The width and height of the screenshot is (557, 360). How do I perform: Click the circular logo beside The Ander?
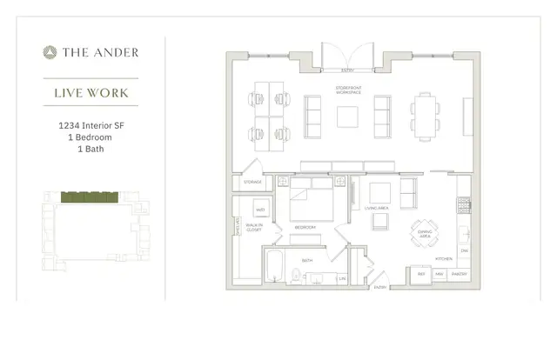click(x=50, y=53)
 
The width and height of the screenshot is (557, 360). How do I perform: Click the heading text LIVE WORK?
click(x=91, y=92)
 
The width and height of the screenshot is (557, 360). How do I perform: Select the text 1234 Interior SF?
click(x=91, y=125)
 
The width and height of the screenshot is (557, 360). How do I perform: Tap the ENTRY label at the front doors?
click(x=347, y=71)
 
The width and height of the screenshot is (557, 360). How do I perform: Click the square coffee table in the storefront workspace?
click(x=347, y=117)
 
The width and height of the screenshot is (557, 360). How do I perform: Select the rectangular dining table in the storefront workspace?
click(x=425, y=117)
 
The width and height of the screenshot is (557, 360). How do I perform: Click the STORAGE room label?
click(x=252, y=183)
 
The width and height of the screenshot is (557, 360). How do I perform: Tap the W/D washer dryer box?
click(x=259, y=210)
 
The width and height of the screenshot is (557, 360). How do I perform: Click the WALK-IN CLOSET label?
click(x=254, y=227)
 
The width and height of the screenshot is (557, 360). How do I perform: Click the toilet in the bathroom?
click(x=296, y=277)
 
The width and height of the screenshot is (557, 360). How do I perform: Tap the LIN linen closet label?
click(x=342, y=278)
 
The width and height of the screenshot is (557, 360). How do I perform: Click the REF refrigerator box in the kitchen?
click(x=422, y=274)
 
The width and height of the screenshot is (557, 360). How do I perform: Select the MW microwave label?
click(x=440, y=274)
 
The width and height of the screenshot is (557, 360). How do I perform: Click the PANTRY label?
click(x=460, y=274)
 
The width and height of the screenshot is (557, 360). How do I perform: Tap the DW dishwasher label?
click(x=466, y=251)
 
